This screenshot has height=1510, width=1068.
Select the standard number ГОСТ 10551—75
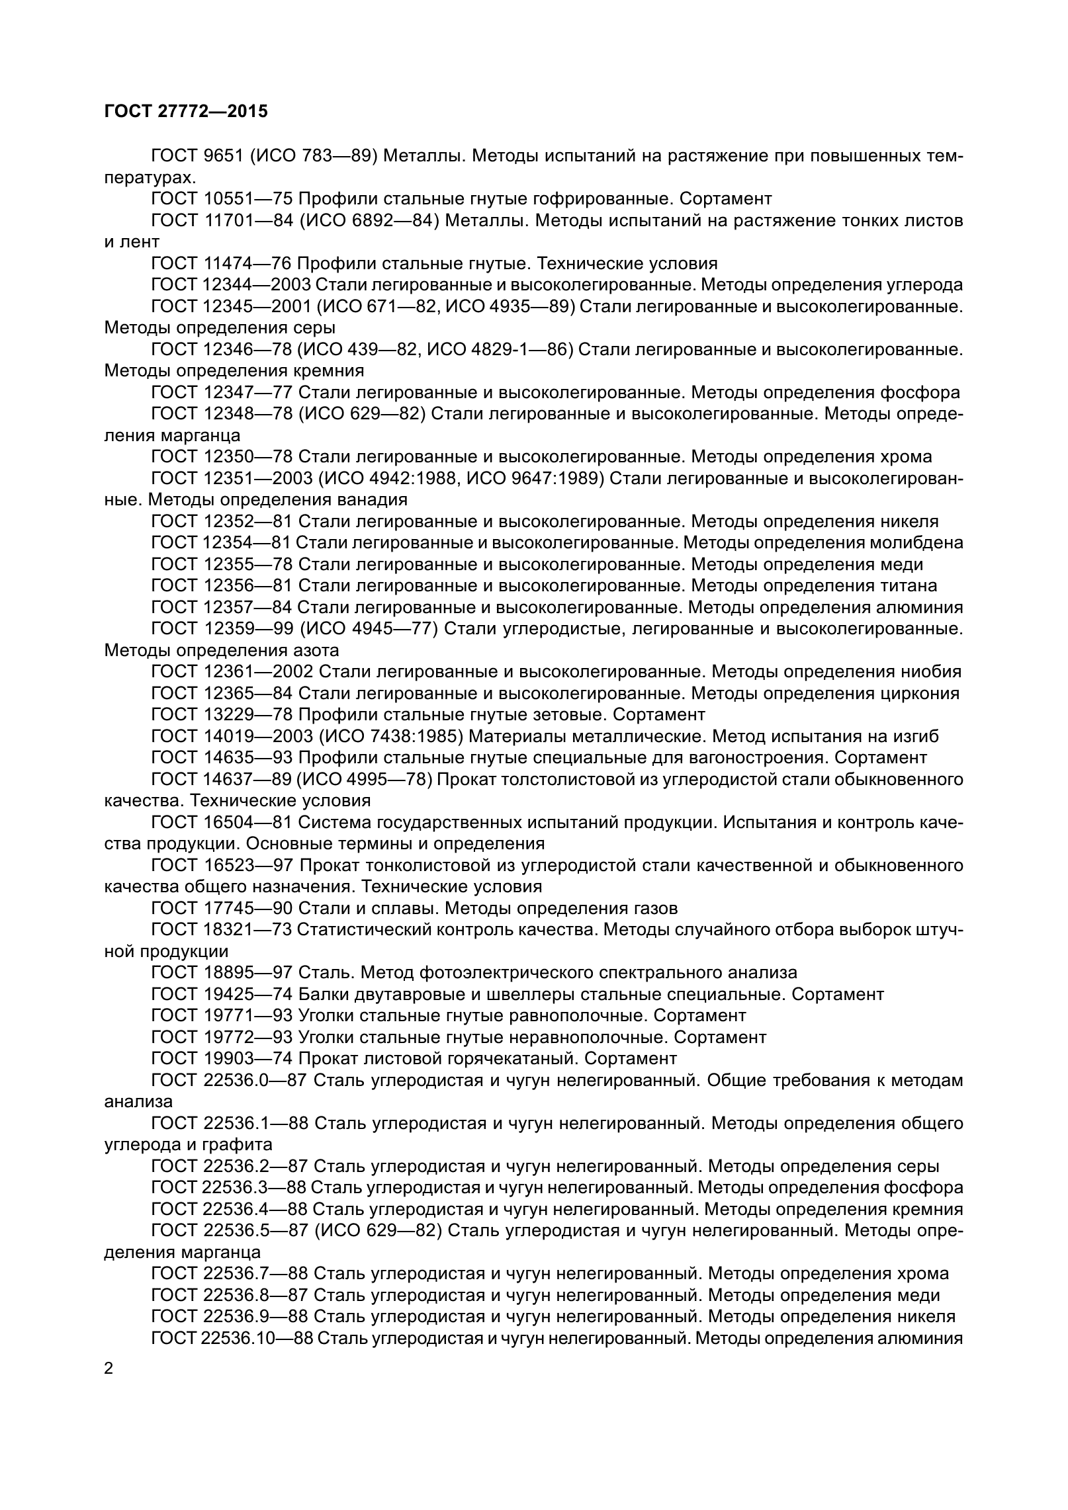(222, 198)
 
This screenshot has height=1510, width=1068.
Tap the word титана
(910, 585)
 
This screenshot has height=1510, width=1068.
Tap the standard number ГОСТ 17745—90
(222, 908)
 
